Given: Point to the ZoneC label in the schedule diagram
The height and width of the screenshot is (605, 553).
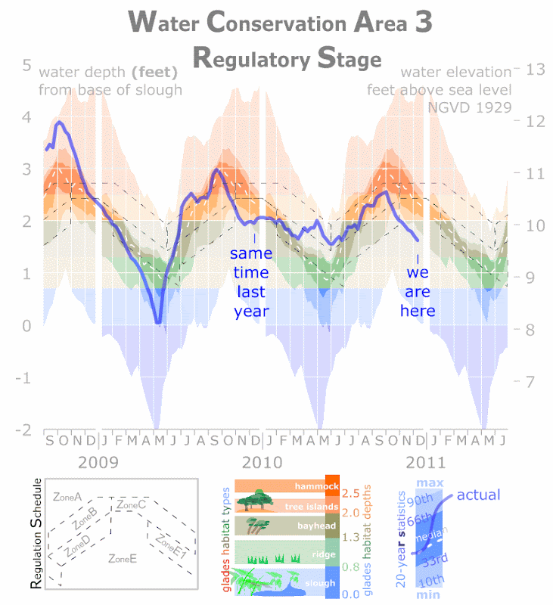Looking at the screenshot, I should [x=131, y=504].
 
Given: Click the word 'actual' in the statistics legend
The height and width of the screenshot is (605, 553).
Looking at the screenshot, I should [x=478, y=495].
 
